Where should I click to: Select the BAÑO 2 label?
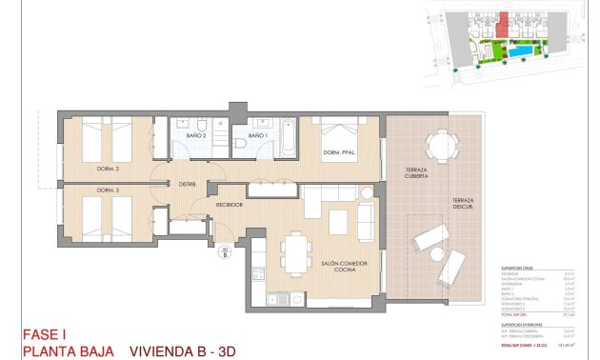[x=196, y=135]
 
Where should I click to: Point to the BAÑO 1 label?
[x=256, y=135]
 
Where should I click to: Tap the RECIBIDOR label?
[x=230, y=204]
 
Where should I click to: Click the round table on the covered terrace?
[x=440, y=146]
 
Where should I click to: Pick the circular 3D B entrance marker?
[x=224, y=252]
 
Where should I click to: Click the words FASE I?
[x=47, y=333]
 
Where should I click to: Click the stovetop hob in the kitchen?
[x=257, y=275]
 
